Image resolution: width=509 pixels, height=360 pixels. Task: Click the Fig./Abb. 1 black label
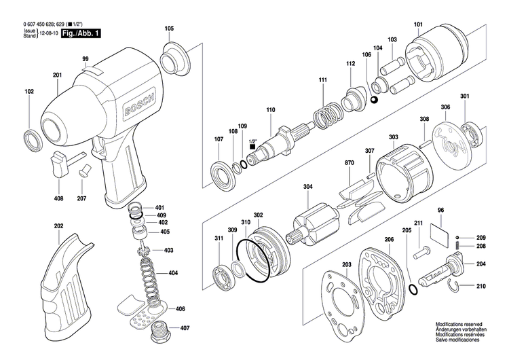point(80,32)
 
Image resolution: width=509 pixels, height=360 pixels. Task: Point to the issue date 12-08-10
point(48,32)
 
